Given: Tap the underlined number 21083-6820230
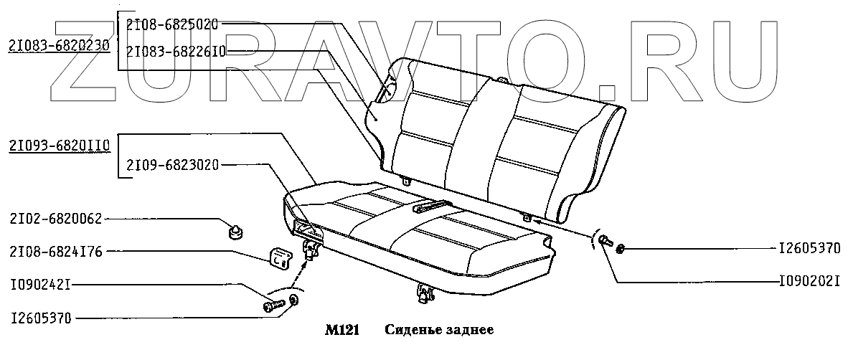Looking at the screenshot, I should [59, 46].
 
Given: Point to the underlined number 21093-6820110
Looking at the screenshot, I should [59, 146].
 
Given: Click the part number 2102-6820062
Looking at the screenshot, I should [56, 219].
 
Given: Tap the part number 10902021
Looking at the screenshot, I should [809, 281].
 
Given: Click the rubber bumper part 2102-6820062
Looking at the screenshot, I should [233, 231].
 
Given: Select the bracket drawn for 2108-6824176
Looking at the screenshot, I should [281, 257].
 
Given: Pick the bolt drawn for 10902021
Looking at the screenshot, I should [606, 241].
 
